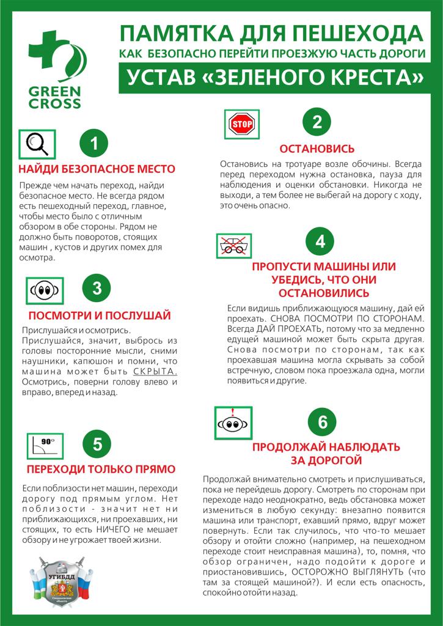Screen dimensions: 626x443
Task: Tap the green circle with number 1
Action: pos(94,144)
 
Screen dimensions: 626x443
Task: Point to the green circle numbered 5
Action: pos(97,444)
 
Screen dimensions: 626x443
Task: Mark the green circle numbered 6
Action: pos(323,421)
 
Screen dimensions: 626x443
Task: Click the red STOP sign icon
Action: pos(240,125)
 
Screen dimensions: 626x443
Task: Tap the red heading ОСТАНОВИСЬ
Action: pos(317,149)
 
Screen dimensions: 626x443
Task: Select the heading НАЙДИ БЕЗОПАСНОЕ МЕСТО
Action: pos(97,169)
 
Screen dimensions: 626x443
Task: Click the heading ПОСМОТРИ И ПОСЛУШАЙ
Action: pos(100,315)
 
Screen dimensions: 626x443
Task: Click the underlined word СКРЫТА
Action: pos(155,372)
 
